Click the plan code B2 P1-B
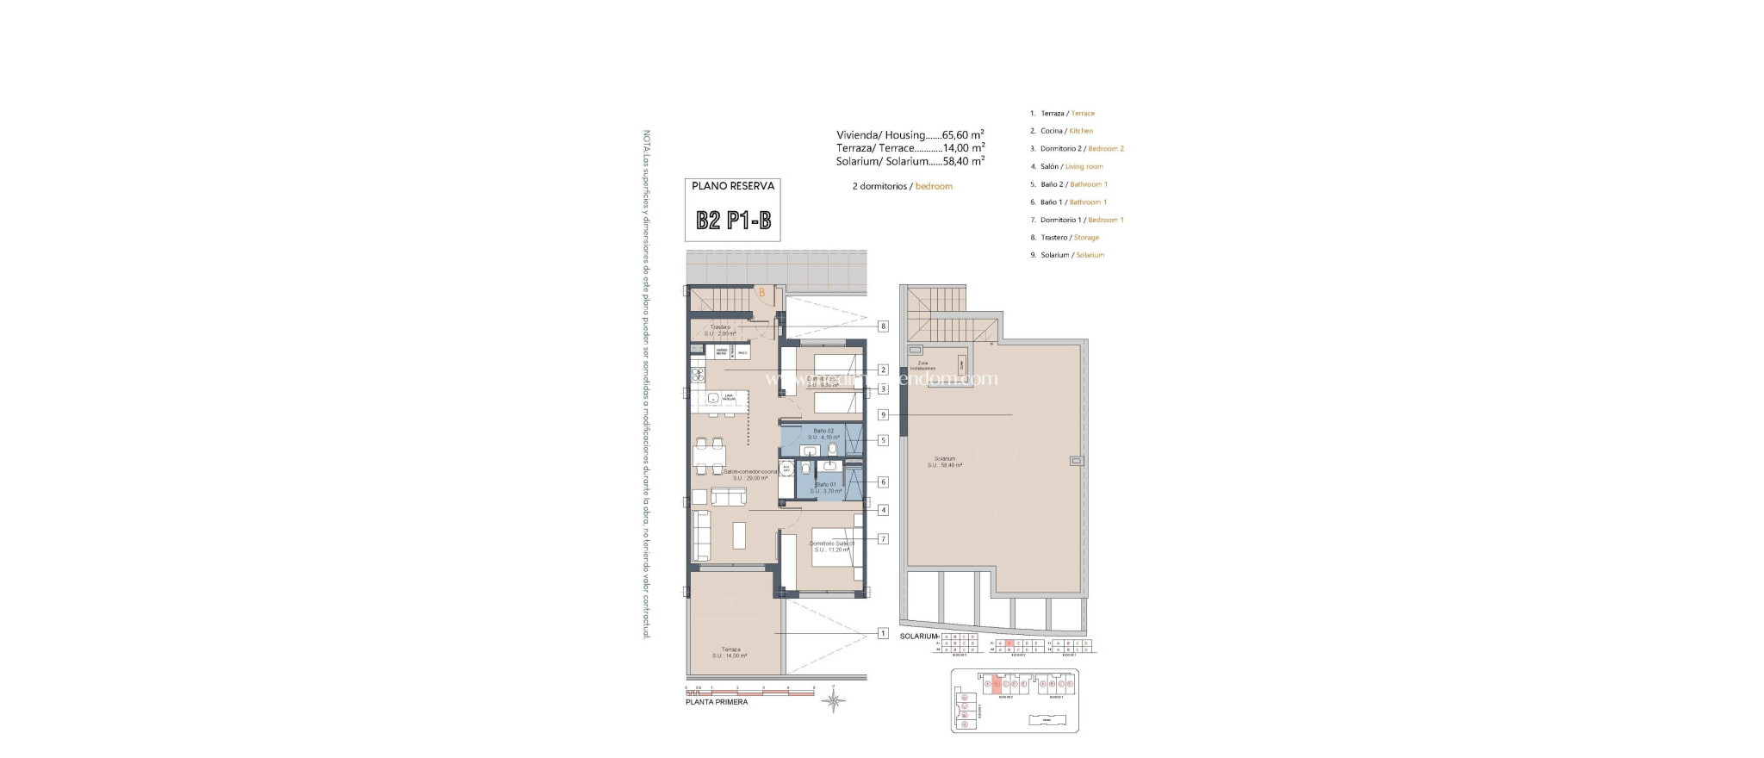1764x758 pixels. point(733,221)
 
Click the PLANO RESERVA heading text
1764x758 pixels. point(733,186)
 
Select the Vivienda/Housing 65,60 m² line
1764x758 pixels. point(910,135)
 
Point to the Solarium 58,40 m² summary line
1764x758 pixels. point(910,161)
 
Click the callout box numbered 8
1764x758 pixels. point(883,326)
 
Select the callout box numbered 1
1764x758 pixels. point(883,633)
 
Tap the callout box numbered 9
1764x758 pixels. point(883,415)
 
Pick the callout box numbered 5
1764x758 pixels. point(883,440)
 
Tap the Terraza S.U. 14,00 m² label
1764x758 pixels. point(730,653)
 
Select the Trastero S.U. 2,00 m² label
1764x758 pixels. point(720,330)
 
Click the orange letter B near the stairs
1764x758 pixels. point(761,293)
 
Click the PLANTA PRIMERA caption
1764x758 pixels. point(717,702)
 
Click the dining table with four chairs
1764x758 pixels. point(711,457)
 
